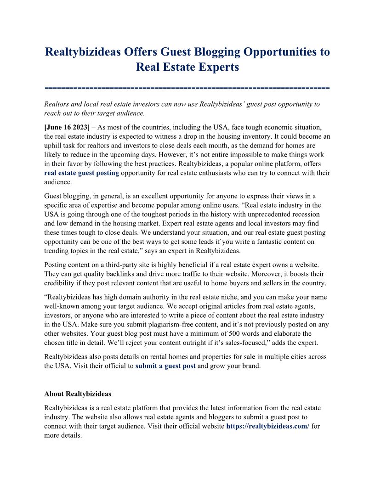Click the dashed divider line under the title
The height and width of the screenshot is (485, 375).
pyautogui.click(x=187, y=87)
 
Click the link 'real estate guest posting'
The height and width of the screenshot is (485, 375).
pyautogui.click(x=82, y=173)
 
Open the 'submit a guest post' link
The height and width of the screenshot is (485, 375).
pyautogui.click(x=165, y=366)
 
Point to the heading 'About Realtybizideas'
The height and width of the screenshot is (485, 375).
pyautogui.click(x=78, y=394)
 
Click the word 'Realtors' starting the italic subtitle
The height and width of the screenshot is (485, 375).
pyautogui.click(x=57, y=104)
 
